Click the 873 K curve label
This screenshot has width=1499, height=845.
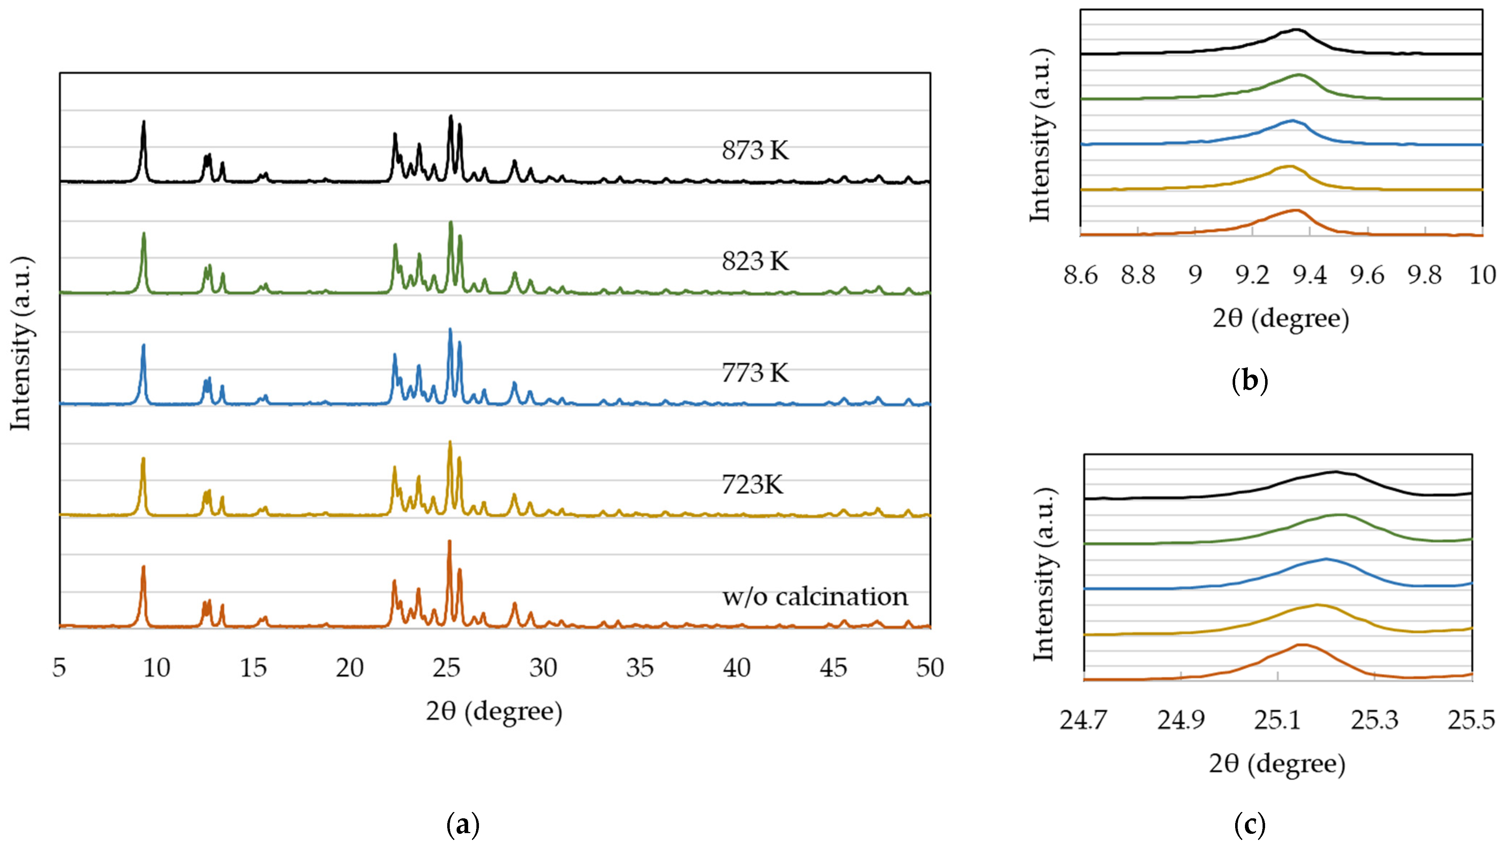(x=755, y=150)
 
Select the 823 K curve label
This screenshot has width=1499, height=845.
(x=755, y=262)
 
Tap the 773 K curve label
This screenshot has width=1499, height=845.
(x=755, y=373)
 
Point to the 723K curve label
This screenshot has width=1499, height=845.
(x=752, y=485)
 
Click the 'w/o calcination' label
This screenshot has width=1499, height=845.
(x=815, y=597)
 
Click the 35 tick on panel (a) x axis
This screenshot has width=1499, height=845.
(x=640, y=667)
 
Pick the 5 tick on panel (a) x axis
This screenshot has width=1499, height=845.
(x=59, y=667)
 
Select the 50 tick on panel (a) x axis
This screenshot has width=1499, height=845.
(x=929, y=667)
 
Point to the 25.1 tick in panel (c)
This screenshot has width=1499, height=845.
(x=1277, y=720)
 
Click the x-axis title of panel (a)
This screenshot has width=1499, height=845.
(x=494, y=711)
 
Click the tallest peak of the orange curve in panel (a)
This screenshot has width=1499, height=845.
(x=449, y=542)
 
